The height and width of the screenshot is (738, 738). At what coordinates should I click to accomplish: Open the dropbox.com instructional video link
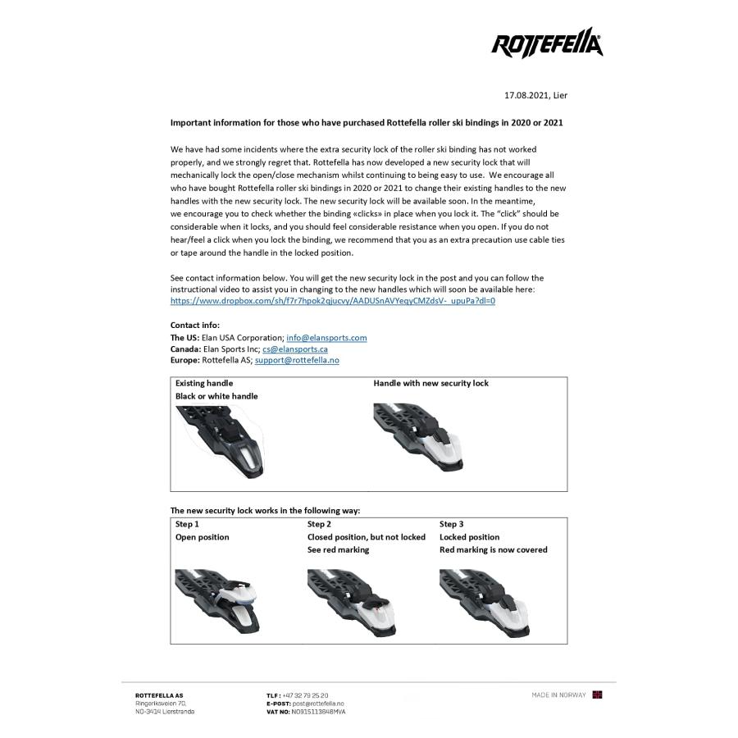point(333,301)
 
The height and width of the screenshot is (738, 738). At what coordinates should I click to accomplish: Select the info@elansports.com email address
point(326,338)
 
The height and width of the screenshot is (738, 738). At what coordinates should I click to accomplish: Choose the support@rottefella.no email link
point(297,361)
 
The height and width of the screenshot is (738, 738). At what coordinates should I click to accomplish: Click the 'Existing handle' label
point(204,383)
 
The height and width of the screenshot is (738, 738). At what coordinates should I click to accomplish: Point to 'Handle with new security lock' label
point(430,383)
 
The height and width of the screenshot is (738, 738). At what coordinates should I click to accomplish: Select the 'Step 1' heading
point(187,524)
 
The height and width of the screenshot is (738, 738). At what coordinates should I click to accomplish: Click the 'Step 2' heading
point(319,524)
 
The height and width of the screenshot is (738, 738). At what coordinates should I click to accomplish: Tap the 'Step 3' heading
point(451,524)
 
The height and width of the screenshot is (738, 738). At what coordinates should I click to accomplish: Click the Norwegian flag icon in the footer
point(598,695)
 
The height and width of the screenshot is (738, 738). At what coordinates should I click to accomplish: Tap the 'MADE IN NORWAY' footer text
point(558,695)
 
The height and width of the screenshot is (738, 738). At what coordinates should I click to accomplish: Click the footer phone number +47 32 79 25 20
point(305,695)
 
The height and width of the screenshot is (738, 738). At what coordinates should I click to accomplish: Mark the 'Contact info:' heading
point(195,326)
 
